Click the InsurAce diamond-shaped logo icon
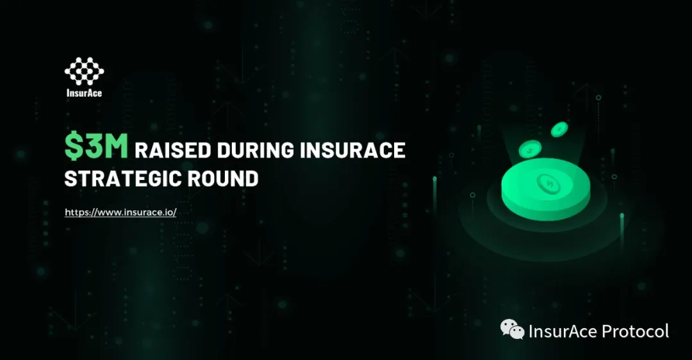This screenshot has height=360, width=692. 85,71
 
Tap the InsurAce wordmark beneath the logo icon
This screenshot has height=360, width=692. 85,93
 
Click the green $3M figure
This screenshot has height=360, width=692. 96,146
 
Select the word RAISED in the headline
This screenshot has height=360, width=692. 172,151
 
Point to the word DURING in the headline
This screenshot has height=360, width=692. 255,151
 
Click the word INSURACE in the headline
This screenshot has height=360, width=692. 352,151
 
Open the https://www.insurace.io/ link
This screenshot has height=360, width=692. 120,212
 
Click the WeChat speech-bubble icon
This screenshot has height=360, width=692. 512,329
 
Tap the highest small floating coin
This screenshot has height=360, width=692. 559,129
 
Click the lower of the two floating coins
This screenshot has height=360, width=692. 530,149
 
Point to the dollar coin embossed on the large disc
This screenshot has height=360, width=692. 548,183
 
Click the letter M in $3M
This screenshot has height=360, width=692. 116,146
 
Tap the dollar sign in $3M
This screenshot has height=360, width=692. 73,146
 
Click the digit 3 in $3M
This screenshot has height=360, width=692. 93,146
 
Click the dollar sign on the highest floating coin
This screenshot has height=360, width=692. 559,129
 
